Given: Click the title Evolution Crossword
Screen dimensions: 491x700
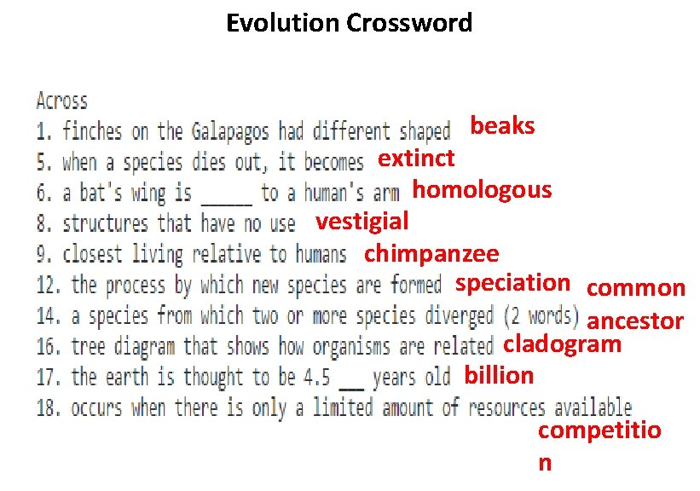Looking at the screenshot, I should (349, 22).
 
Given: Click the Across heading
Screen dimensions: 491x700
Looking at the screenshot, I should (61, 101).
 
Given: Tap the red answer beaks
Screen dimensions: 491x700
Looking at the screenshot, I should (503, 126).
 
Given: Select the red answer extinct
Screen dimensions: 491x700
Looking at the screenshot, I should (416, 158).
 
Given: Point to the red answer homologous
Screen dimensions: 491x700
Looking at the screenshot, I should (482, 189).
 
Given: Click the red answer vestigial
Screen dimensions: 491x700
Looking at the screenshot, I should (362, 221).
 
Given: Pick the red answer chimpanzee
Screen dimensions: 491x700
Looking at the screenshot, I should (431, 253).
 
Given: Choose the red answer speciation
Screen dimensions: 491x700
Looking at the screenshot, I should (512, 282).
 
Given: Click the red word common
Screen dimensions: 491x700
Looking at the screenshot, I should (636, 288).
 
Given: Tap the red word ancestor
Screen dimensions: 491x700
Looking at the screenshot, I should (636, 321).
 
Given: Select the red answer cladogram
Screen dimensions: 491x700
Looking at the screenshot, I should (562, 344).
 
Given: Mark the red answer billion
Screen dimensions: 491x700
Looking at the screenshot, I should (499, 375).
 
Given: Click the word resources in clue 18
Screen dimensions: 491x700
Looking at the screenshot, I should (507, 407).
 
